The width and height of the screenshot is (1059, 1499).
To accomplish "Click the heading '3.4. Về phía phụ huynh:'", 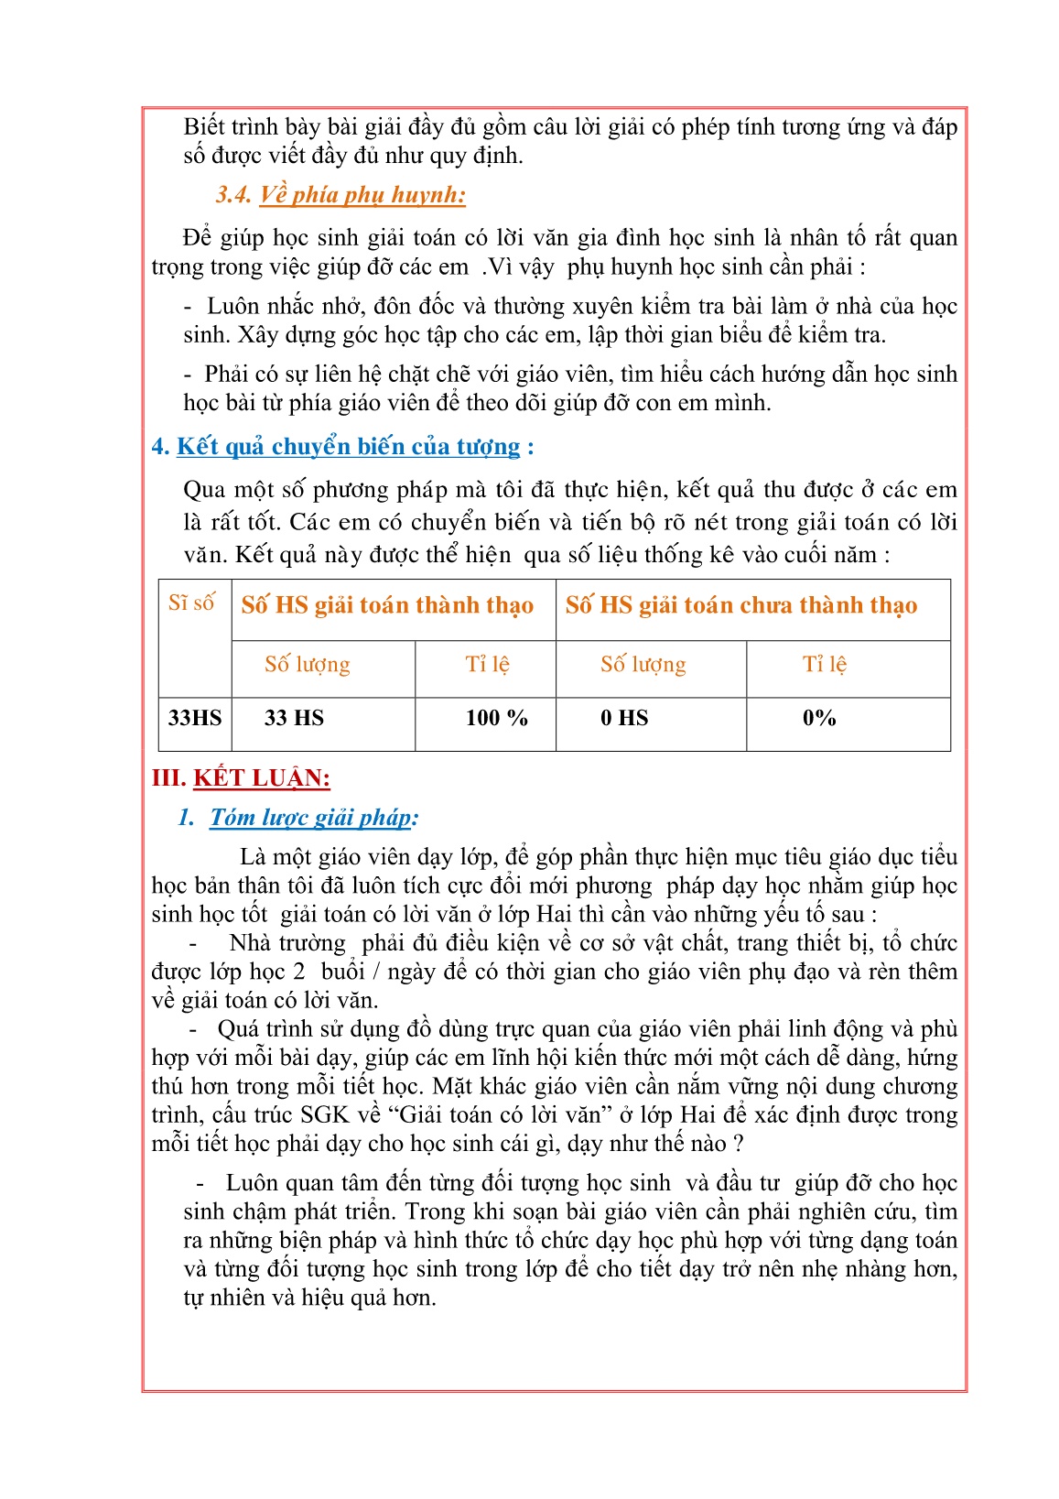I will (x=340, y=195).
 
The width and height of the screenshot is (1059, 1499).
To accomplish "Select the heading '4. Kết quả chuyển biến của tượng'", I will (x=342, y=447).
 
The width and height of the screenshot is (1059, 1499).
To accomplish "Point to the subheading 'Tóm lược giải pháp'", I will (x=312, y=818).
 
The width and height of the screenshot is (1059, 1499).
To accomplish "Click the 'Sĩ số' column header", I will (x=192, y=603).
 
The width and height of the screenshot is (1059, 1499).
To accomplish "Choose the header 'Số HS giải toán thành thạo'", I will (x=387, y=605).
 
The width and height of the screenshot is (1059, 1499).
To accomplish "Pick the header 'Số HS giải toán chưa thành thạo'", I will (x=740, y=605).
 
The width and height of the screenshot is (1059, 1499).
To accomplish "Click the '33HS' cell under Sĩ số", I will (x=195, y=718).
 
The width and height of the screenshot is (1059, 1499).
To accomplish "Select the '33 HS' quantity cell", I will (x=294, y=718).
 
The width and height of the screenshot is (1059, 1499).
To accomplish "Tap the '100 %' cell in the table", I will (x=496, y=718).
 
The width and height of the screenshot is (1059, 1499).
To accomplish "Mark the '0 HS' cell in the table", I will (x=624, y=718).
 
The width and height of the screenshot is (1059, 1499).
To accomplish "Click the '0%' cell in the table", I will (x=819, y=718).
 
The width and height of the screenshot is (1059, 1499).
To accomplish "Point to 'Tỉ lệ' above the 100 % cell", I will (x=487, y=664).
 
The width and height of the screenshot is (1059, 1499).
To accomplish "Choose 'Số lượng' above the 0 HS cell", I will (x=643, y=664).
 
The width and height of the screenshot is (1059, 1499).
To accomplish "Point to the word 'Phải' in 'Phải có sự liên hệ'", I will (x=230, y=375).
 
